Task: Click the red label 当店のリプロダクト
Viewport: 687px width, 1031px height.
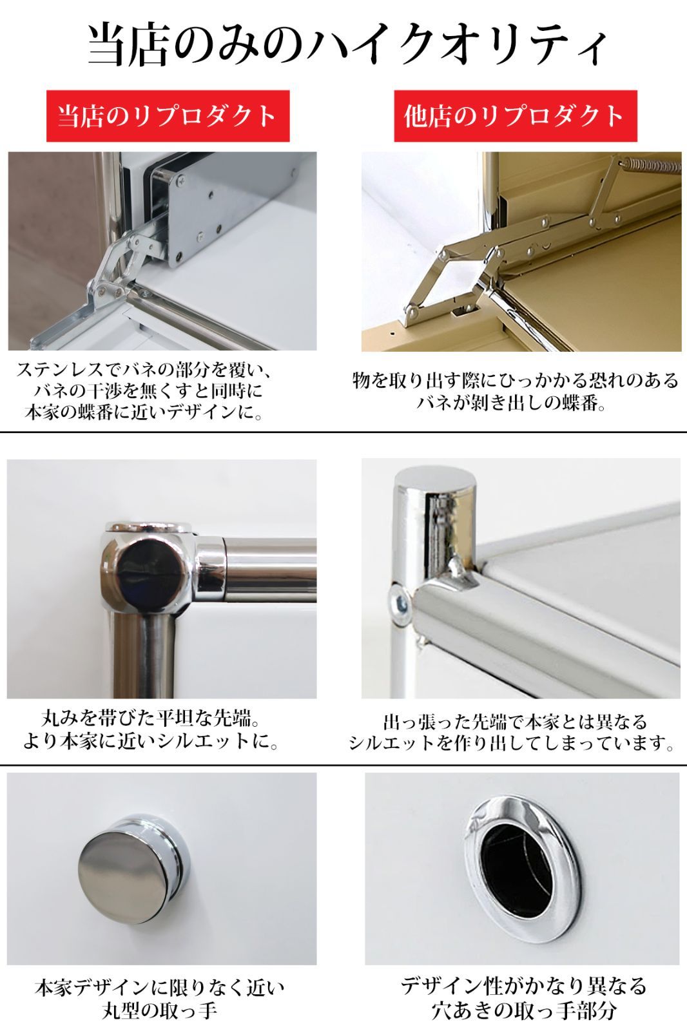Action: [x=168, y=116]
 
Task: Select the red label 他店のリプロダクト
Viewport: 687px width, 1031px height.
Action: [x=515, y=116]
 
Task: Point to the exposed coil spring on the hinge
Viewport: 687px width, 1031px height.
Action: [x=654, y=166]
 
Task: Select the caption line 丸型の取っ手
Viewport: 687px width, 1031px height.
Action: [x=159, y=1010]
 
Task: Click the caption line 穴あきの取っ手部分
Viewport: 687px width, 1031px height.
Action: [x=523, y=1010]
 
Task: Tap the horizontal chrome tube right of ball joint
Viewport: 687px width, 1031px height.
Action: [x=271, y=567]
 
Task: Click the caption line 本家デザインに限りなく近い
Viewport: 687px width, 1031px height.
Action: [x=159, y=987]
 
